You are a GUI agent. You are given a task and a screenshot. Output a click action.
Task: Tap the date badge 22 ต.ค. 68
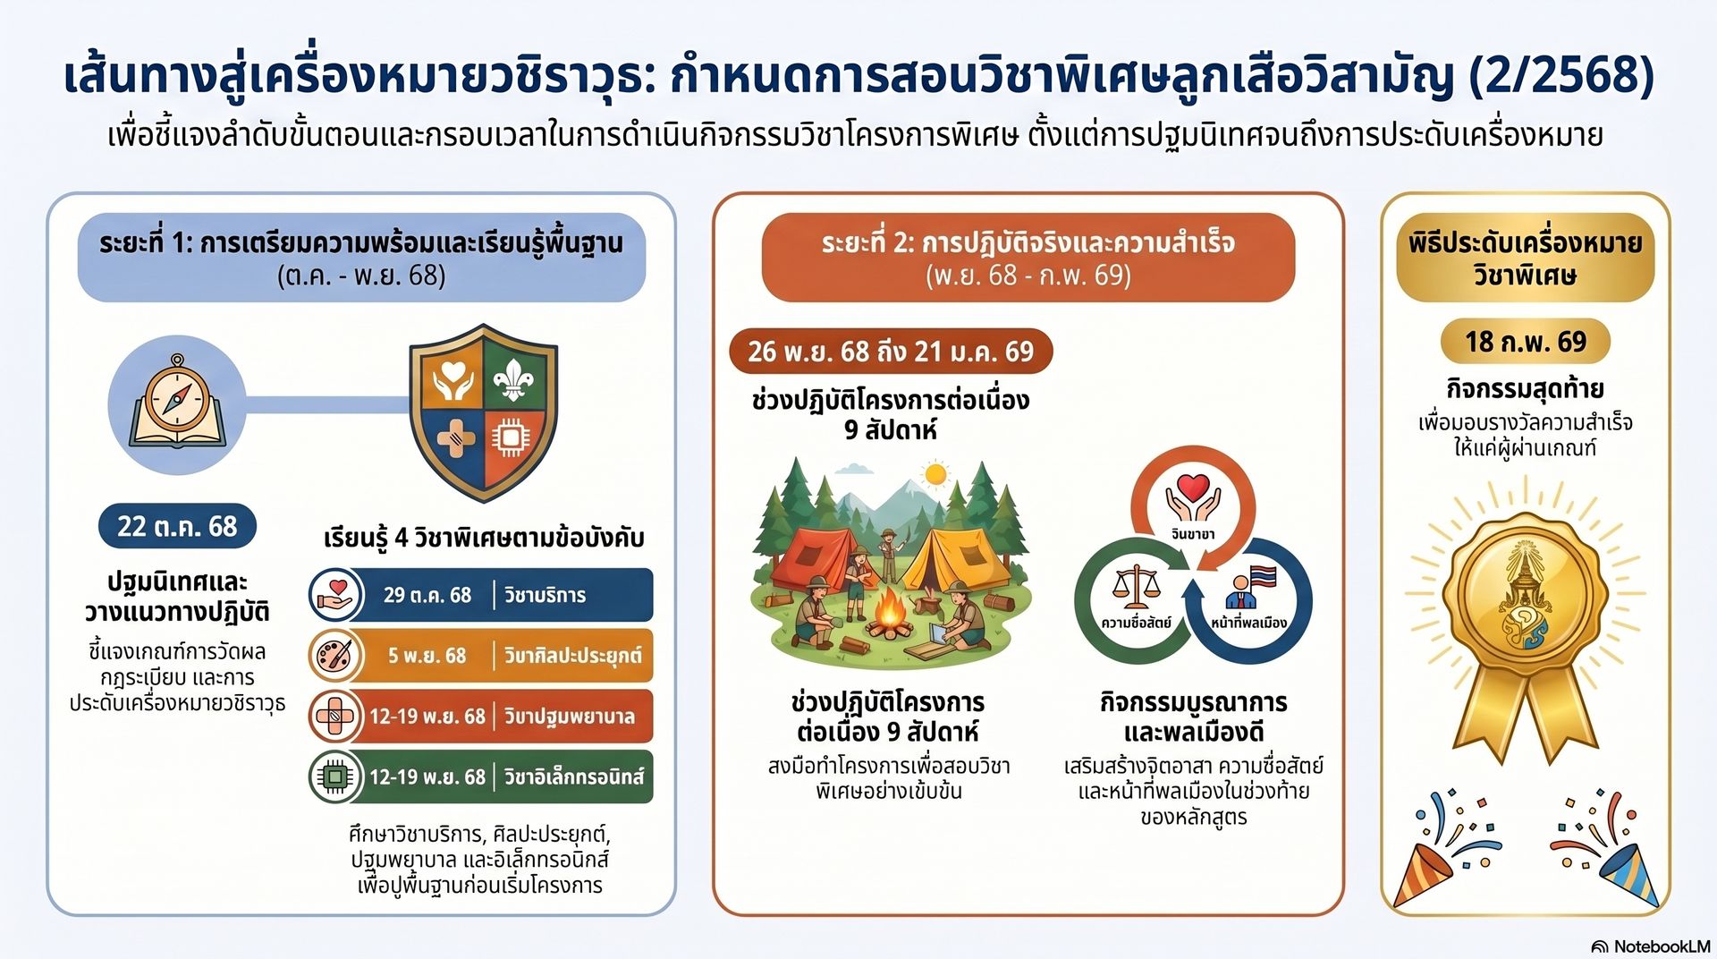[x=177, y=526]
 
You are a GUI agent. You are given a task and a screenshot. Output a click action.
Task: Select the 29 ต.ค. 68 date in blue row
[x=427, y=595]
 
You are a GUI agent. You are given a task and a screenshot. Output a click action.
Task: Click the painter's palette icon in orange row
[x=335, y=656]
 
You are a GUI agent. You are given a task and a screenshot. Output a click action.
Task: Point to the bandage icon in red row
[x=335, y=716]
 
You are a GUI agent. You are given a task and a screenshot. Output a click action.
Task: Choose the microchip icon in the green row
[x=335, y=777]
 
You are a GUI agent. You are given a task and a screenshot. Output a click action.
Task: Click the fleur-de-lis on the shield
[x=513, y=377]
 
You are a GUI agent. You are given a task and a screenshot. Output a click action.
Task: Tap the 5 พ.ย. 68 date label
[x=427, y=656]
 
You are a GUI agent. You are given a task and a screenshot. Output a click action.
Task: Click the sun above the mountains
[x=935, y=474]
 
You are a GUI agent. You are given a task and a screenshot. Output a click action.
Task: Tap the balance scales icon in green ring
[x=1134, y=587]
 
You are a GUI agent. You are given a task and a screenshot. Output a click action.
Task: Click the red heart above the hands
[x=1193, y=488]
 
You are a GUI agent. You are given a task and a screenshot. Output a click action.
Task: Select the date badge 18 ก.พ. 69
[x=1525, y=342]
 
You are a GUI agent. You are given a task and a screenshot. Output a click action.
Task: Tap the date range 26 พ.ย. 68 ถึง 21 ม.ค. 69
[x=891, y=352]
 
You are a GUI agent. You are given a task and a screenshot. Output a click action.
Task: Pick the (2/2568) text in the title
[x=1561, y=76]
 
